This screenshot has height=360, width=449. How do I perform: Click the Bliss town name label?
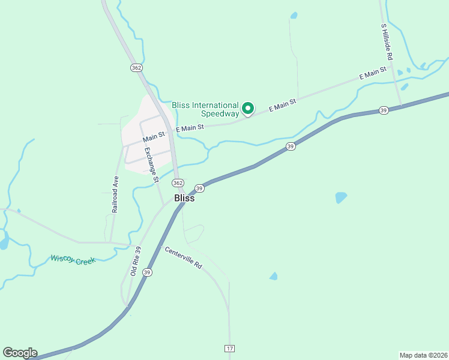click(x=184, y=198)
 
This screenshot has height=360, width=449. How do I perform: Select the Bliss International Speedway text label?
click(x=205, y=109)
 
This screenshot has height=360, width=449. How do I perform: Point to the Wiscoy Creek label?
click(x=73, y=259)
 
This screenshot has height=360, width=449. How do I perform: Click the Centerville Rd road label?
click(x=183, y=257)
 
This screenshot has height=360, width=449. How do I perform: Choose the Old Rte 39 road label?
click(x=136, y=262)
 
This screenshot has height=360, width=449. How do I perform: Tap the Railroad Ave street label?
click(x=115, y=194)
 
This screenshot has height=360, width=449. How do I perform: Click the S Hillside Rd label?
click(x=387, y=41)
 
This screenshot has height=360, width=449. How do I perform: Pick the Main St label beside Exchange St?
click(x=154, y=137)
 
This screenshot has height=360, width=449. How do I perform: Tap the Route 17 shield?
click(x=229, y=348)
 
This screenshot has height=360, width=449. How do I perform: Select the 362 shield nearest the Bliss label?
click(x=177, y=182)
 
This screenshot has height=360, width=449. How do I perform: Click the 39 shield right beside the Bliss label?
click(x=200, y=188)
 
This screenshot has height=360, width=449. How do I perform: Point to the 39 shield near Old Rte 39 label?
click(x=148, y=272)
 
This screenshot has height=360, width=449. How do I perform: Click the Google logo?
click(x=20, y=353)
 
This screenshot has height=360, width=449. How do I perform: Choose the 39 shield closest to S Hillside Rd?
click(x=383, y=110)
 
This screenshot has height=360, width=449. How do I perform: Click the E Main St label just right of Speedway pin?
click(x=283, y=106)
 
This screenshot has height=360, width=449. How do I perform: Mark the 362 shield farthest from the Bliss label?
click(x=136, y=68)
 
